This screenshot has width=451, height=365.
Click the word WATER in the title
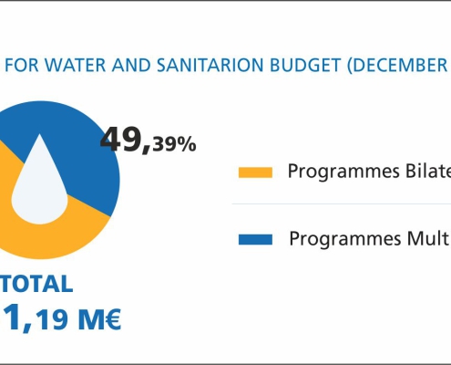(77, 65)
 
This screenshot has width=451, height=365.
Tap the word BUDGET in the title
(305, 65)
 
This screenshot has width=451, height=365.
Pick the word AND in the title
(131, 65)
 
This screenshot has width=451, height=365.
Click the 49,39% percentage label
(149, 141)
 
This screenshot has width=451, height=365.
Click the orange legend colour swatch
(255, 172)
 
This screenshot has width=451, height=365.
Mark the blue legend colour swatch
(255, 239)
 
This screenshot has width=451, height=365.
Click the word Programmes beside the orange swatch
(343, 172)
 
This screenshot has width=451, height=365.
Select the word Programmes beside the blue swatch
(345, 239)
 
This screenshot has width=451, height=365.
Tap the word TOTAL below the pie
(36, 284)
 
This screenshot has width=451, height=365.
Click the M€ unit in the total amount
(99, 319)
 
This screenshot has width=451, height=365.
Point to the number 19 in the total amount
(52, 319)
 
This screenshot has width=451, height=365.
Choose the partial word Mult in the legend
(429, 238)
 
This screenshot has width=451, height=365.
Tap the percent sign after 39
(190, 144)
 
